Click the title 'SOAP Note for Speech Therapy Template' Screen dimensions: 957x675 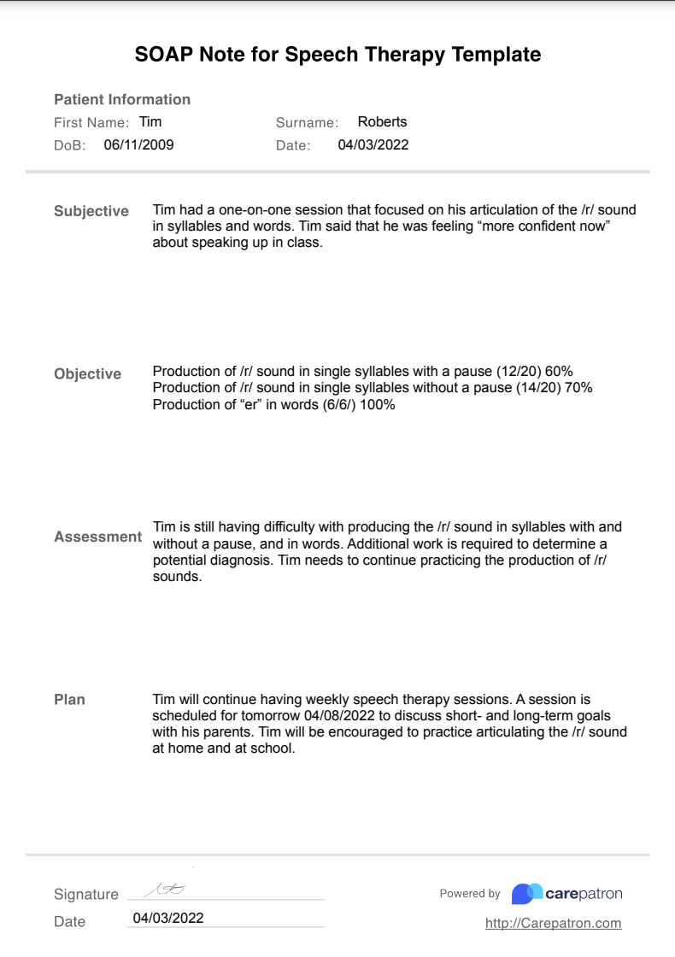pos(337,55)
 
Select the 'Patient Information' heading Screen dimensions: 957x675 pos(122,99)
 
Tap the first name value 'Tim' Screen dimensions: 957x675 pos(150,122)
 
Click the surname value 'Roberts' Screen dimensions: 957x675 pos(382,122)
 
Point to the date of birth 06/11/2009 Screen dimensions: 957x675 pos(138,145)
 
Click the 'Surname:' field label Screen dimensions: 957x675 pos(307,123)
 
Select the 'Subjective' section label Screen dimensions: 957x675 pos(91,211)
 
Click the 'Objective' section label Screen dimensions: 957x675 pos(88,373)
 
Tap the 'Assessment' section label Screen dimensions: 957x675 pos(98,537)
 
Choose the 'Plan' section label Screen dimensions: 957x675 pos(70,699)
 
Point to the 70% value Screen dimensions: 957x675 pos(578,388)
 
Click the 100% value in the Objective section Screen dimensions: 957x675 pos(378,404)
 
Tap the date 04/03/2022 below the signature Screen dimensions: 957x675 pos(168,919)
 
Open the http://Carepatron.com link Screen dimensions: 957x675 pos(553,923)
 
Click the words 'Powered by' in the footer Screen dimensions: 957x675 pos(470,894)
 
